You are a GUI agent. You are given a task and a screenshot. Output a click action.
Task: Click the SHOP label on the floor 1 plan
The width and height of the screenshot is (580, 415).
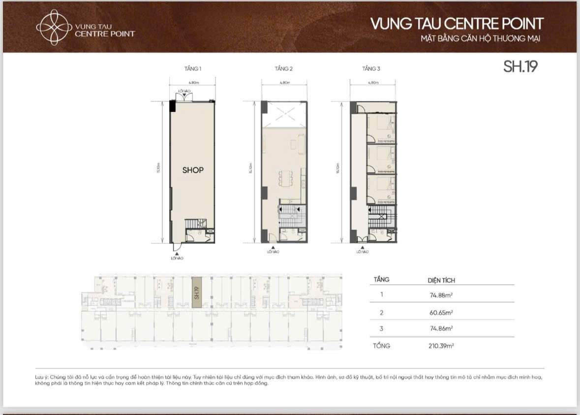[x=193, y=170]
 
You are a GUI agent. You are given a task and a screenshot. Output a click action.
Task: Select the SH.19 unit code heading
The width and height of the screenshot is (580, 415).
[x=520, y=67]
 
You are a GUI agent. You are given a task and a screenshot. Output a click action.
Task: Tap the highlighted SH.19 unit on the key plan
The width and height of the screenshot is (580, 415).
[x=196, y=293]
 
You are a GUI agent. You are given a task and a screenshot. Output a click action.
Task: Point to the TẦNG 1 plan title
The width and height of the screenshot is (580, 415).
[x=192, y=69]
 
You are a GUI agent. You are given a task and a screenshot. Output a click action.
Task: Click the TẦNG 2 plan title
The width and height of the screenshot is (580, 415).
[x=283, y=69]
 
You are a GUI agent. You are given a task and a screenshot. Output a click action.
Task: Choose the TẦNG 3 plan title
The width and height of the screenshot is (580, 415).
[x=371, y=69]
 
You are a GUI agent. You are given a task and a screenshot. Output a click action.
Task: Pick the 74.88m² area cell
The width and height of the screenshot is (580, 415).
[x=441, y=296]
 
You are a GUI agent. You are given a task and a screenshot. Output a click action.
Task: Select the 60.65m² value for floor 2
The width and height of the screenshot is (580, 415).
[x=441, y=312]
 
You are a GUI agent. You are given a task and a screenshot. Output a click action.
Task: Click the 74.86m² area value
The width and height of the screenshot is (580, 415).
[x=441, y=328]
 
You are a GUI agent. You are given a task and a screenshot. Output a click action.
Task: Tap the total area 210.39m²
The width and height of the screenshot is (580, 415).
[x=441, y=346]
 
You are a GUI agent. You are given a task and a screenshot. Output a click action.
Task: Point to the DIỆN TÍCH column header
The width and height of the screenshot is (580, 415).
[x=441, y=280]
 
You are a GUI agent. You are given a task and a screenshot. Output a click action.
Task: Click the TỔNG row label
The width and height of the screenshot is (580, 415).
[x=382, y=346]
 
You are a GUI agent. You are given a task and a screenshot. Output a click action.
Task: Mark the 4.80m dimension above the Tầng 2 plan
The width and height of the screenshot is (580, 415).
[x=284, y=83]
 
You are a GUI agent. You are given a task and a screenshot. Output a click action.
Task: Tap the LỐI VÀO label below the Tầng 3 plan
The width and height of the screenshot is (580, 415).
[x=363, y=252]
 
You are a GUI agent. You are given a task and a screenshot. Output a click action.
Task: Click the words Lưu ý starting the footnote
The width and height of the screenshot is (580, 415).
[x=41, y=377]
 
